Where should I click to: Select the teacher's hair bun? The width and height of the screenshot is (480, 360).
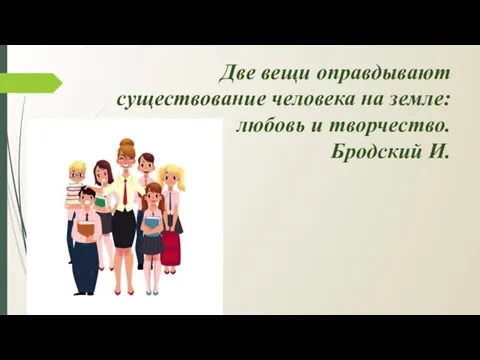(126, 144)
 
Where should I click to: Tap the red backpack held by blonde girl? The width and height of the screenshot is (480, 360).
(172, 246)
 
